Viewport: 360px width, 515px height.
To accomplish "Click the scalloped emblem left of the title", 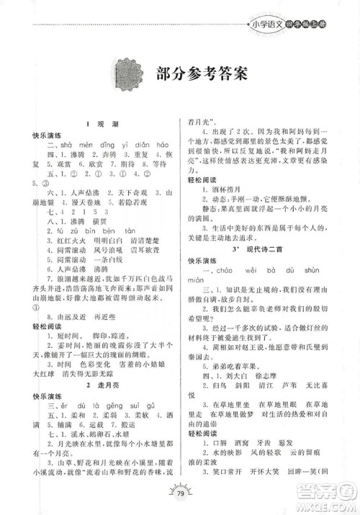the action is tap(130, 73).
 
